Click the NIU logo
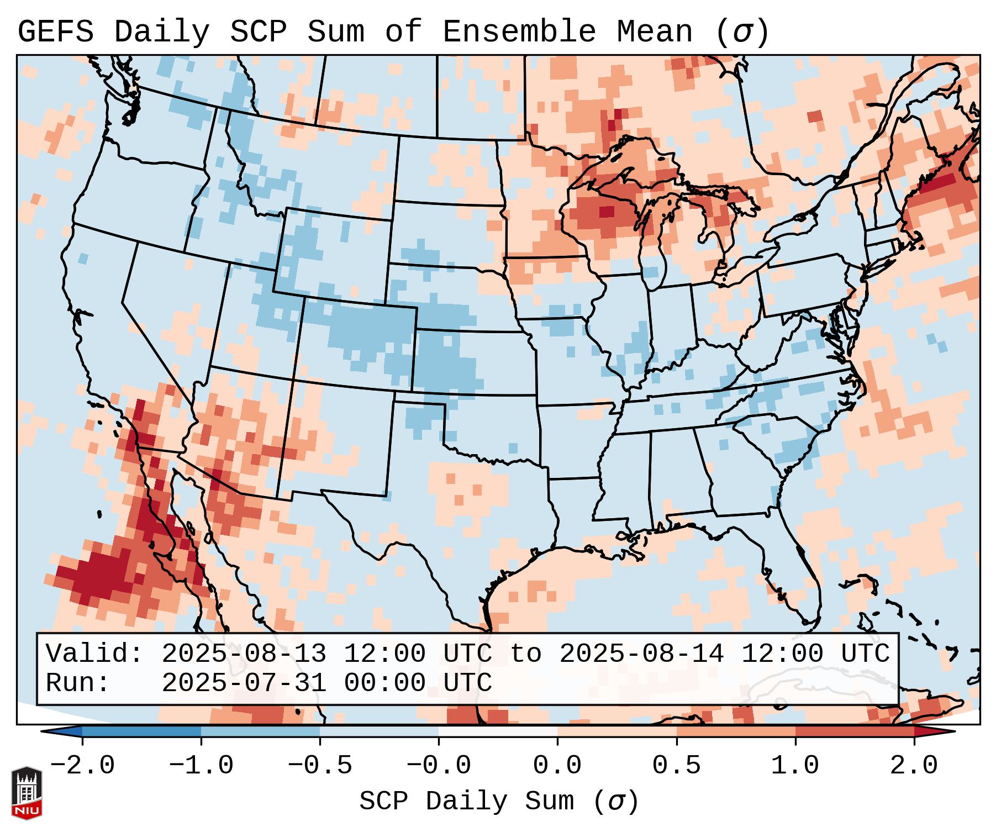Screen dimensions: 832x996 [27, 793]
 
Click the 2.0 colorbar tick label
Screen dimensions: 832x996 [914, 766]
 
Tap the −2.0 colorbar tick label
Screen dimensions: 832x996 [82, 766]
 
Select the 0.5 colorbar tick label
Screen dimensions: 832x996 [676, 766]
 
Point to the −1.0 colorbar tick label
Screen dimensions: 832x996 [201, 766]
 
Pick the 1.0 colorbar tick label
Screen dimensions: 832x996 [795, 766]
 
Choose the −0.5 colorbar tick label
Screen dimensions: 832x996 [320, 766]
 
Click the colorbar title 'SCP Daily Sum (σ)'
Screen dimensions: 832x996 [499, 801]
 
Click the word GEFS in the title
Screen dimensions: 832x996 [55, 31]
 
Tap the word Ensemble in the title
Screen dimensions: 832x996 [519, 31]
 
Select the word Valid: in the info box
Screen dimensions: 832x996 [94, 654]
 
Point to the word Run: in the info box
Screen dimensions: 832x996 [78, 683]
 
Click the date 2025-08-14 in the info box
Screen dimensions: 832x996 [641, 654]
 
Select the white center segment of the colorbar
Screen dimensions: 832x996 [498, 731]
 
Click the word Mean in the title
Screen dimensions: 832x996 [654, 31]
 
